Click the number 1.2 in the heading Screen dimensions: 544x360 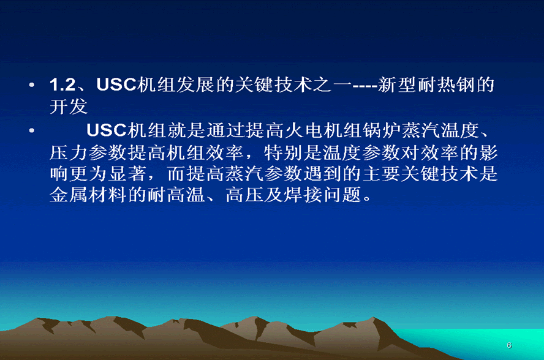[62, 85]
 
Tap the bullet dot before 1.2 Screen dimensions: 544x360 [32, 85]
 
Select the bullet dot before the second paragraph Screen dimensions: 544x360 [32, 131]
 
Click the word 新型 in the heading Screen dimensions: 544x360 [397, 85]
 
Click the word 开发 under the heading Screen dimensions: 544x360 [69, 107]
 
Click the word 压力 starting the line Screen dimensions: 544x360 [69, 152]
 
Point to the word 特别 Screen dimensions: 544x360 [283, 152]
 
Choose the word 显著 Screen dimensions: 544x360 [127, 174]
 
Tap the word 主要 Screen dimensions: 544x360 [381, 174]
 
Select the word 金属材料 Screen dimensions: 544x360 [88, 195]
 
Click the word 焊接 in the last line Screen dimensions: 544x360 [303, 195]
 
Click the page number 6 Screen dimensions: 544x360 [509, 345]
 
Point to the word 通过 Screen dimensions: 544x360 [227, 130]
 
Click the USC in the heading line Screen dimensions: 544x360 [116, 85]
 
